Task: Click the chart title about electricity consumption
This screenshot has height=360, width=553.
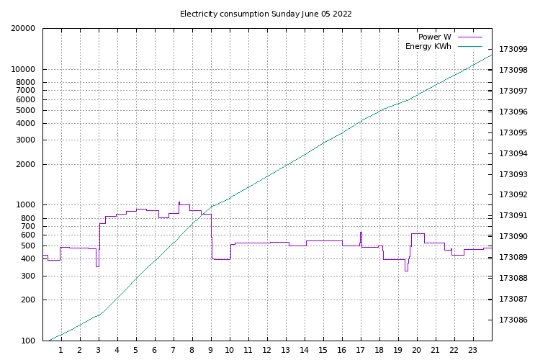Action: pyautogui.click(x=266, y=14)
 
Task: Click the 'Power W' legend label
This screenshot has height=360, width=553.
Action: pyautogui.click(x=435, y=37)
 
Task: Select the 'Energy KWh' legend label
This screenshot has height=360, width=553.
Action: pyautogui.click(x=428, y=47)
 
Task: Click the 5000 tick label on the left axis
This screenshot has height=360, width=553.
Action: pyautogui.click(x=24, y=111)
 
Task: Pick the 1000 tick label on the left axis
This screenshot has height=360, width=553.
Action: pyautogui.click(x=24, y=205)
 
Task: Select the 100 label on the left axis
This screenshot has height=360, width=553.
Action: pyautogui.click(x=27, y=341)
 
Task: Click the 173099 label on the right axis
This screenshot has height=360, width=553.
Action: pyautogui.click(x=513, y=50)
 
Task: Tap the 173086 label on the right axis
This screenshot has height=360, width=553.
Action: pyautogui.click(x=513, y=320)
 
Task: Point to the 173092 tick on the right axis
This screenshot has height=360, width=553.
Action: pyautogui.click(x=513, y=195)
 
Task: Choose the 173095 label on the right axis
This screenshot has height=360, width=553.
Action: pyautogui.click(x=513, y=133)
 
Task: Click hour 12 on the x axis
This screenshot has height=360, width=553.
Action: pyautogui.click(x=267, y=351)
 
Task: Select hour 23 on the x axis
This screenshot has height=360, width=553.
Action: pyautogui.click(x=473, y=351)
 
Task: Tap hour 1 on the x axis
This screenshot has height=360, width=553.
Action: pyautogui.click(x=60, y=351)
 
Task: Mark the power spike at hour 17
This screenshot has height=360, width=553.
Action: pyautogui.click(x=361, y=233)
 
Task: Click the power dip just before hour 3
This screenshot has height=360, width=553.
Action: pyautogui.click(x=97, y=266)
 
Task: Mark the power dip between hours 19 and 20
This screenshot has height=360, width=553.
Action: pyautogui.click(x=406, y=270)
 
